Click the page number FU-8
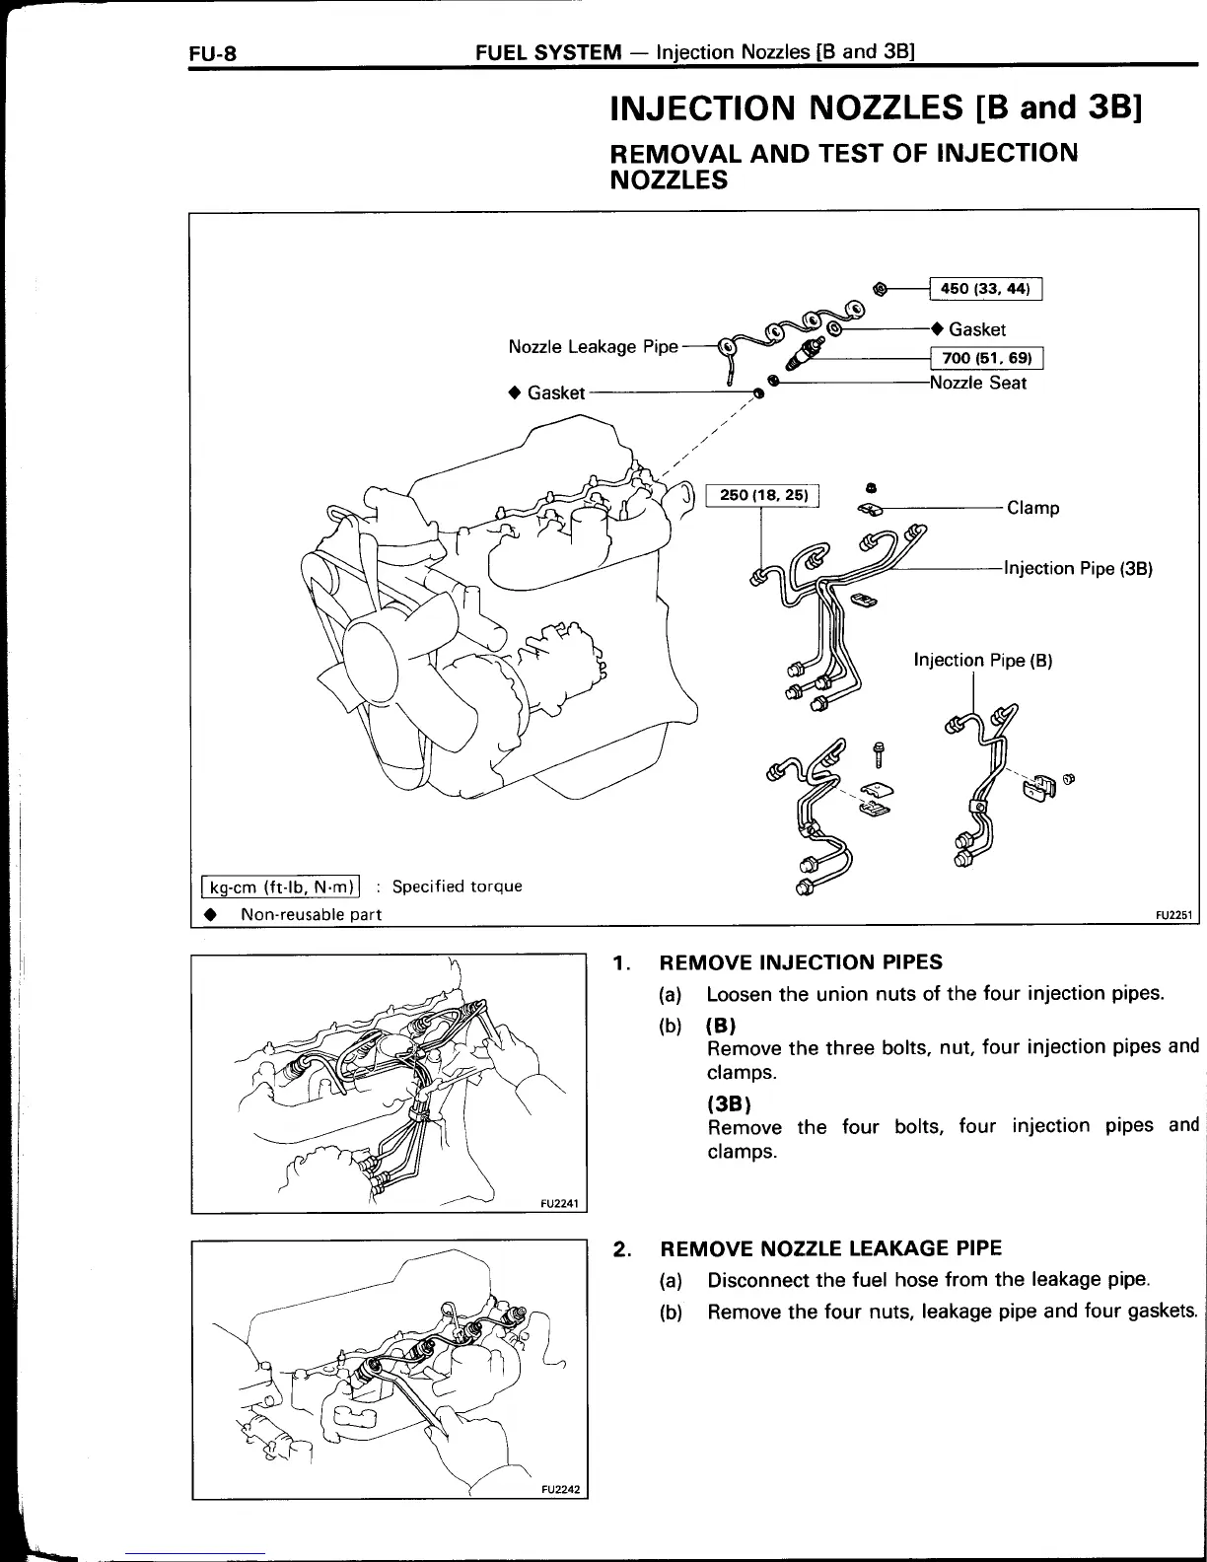[213, 52]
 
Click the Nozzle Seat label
[977, 383]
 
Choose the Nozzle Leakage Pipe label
[593, 346]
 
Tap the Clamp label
[1032, 508]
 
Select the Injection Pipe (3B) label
[1078, 568]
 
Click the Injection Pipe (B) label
[982, 660]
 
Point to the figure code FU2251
[1174, 914]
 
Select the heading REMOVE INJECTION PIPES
[800, 961]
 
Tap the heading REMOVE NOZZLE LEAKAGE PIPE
[830, 1248]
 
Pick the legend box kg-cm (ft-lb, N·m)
[280, 886]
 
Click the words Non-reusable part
[311, 914]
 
